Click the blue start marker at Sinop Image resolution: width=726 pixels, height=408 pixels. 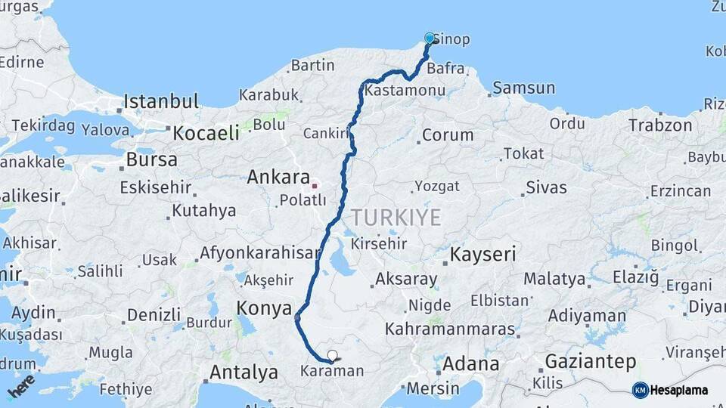[430, 38]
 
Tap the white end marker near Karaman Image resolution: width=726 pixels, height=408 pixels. [332, 355]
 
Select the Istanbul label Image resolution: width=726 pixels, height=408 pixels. [161, 101]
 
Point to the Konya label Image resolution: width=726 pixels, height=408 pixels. [264, 308]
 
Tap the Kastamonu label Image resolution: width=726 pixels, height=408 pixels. [405, 90]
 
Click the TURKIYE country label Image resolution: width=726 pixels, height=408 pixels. [396, 218]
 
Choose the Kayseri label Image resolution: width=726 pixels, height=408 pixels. [483, 255]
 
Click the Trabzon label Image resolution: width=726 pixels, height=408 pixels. [660, 125]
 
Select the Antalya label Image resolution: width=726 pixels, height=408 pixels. [244, 372]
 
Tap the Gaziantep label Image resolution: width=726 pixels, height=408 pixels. [591, 362]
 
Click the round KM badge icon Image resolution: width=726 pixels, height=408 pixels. [641, 390]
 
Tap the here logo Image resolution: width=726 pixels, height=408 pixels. [21, 386]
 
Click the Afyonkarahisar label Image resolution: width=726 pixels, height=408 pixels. [260, 253]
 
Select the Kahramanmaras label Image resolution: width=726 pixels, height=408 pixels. [450, 330]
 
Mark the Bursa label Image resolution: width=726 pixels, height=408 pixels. [152, 159]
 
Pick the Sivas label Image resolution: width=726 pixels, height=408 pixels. [546, 187]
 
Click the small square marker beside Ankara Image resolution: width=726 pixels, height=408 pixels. [315, 181]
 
